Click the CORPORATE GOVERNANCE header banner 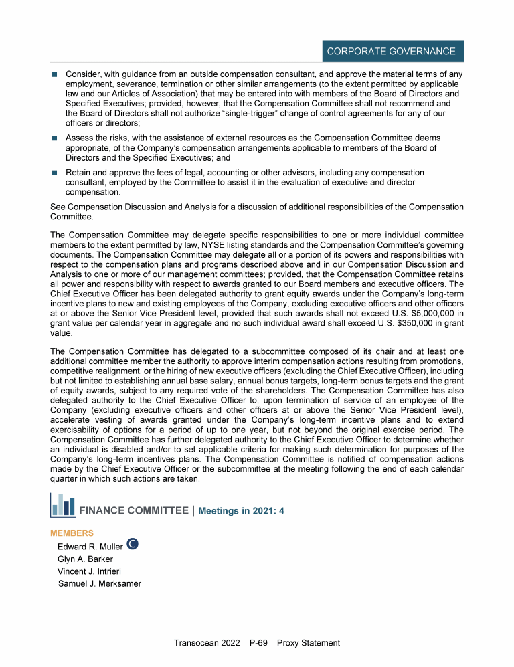(391, 51)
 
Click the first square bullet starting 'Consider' (54, 72)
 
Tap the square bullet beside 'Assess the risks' (54, 138)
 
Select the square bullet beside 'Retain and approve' (54, 173)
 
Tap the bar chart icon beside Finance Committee (62, 505)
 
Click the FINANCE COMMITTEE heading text (134, 511)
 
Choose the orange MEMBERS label (72, 533)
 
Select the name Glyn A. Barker (86, 559)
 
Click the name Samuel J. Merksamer (100, 584)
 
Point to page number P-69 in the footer (258, 643)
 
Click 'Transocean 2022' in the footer (206, 643)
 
